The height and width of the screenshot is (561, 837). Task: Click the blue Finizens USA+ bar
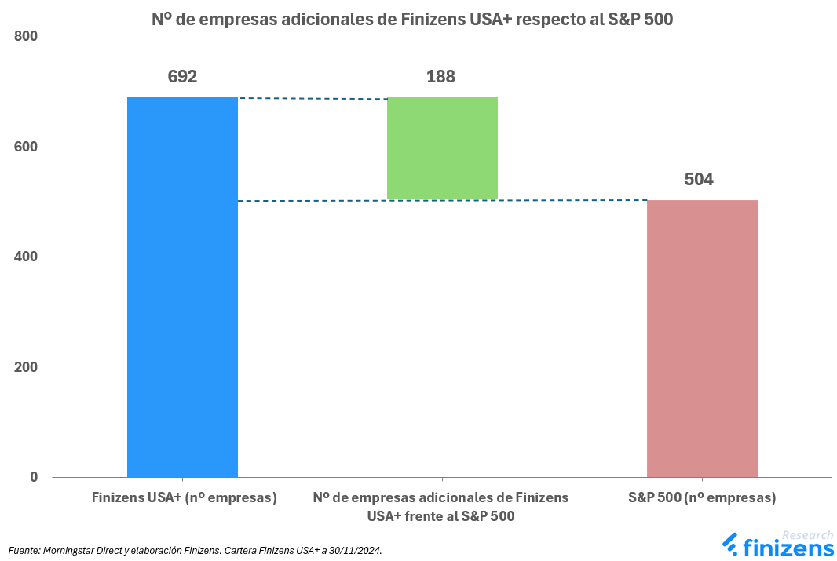tap(182, 286)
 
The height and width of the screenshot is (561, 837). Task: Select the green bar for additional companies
tap(442, 148)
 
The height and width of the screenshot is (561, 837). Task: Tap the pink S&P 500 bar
tap(702, 338)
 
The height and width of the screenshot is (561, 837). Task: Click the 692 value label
tap(182, 77)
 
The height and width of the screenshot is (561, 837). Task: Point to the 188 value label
tap(440, 77)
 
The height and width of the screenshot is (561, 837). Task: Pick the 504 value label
tap(699, 180)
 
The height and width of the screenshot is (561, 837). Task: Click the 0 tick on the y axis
tap(33, 477)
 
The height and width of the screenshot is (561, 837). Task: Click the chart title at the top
tap(412, 20)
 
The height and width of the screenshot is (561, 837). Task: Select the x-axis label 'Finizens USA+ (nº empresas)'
tap(184, 497)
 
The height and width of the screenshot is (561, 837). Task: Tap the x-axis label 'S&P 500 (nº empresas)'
tap(702, 497)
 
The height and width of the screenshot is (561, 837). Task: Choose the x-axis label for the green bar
tap(440, 507)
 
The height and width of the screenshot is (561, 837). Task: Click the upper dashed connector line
tap(313, 98)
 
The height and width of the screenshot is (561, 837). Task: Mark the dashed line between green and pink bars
tap(572, 200)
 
